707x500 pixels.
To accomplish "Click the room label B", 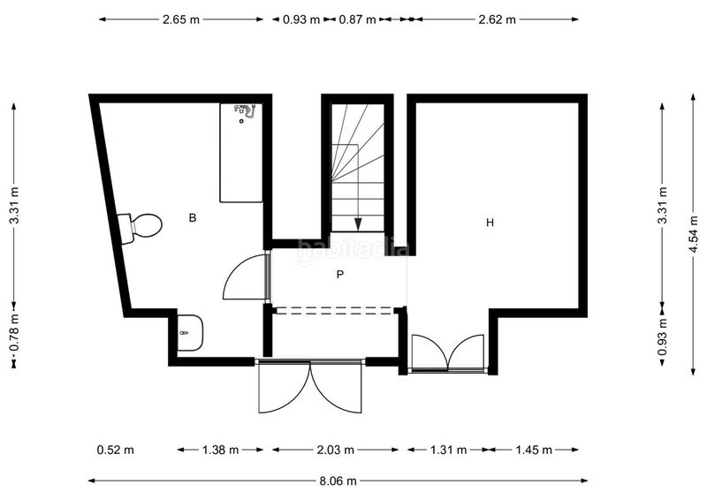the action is coord(193,218).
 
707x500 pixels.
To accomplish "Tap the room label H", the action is coord(490,223).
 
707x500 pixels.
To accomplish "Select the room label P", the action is coord(340,274).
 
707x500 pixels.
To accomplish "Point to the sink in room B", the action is coord(190,333).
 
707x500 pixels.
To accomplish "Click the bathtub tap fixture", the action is coord(245,111).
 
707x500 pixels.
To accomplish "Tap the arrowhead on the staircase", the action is coord(358,224).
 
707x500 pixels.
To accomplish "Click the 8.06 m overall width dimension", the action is coord(338,481).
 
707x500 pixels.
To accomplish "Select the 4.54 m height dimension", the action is coord(695,235).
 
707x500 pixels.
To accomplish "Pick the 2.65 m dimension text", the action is coord(181,19).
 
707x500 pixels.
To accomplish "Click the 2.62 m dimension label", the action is coord(498,19).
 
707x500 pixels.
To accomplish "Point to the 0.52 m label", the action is coord(116,450).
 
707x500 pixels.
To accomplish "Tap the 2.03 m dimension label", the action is coord(336,450).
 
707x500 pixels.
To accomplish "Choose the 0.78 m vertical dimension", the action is coord(15,332).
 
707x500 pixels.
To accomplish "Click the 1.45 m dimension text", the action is coord(534,450).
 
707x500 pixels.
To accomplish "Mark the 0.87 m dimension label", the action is coord(357,19).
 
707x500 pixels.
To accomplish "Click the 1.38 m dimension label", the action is coord(220,450).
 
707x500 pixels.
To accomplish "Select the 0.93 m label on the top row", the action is coord(301,19).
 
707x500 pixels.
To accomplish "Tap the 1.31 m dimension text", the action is coord(448,450).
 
